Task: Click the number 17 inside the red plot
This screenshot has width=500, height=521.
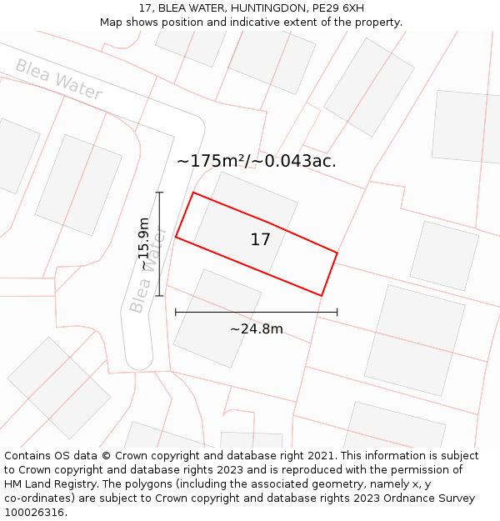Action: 260,240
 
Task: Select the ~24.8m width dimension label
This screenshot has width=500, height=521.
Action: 256,329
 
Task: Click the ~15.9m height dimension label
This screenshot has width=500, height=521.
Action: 144,243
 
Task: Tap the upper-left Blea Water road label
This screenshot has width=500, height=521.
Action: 58,79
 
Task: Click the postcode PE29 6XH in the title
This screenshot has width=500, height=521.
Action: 336,8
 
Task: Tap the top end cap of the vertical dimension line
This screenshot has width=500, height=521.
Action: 159,193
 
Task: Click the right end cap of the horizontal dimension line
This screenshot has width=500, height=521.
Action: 337,313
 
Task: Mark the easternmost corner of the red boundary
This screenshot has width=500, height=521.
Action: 337,253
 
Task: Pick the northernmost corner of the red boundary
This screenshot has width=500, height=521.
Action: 193,193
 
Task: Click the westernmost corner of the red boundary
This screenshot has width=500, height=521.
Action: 176,238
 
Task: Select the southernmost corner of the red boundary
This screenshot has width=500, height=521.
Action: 321,295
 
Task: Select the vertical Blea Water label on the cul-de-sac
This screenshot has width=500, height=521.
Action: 148,270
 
